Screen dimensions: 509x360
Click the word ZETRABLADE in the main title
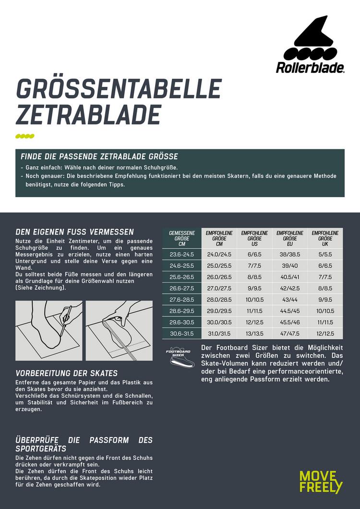click(x=88, y=115)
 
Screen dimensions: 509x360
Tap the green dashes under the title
click(x=25, y=136)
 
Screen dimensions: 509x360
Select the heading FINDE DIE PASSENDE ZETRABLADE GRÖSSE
click(x=99, y=157)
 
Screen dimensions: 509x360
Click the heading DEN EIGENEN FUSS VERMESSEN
click(x=75, y=232)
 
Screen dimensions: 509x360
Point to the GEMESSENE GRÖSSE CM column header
click(x=181, y=238)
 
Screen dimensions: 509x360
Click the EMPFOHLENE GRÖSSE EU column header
click(x=289, y=238)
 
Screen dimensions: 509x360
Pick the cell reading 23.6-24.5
click(x=181, y=254)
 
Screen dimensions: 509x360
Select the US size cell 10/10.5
click(x=254, y=299)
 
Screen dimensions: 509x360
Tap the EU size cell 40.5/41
click(x=289, y=277)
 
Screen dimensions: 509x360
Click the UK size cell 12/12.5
click(x=325, y=333)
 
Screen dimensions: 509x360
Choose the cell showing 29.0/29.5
click(x=219, y=311)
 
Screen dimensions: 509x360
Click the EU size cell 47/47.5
click(x=289, y=333)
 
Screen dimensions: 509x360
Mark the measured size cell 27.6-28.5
click(x=181, y=299)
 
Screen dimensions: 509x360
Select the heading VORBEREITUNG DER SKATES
click(x=67, y=373)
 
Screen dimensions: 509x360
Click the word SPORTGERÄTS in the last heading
click(x=41, y=449)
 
